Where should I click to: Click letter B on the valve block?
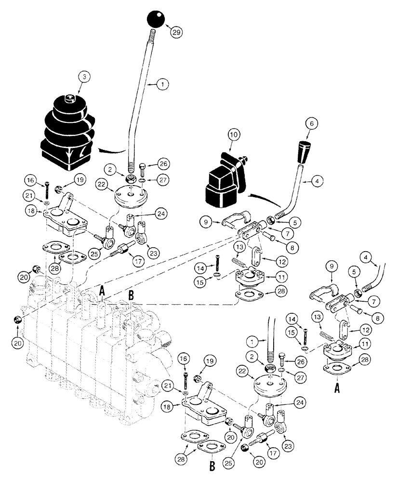coord(131,294)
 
